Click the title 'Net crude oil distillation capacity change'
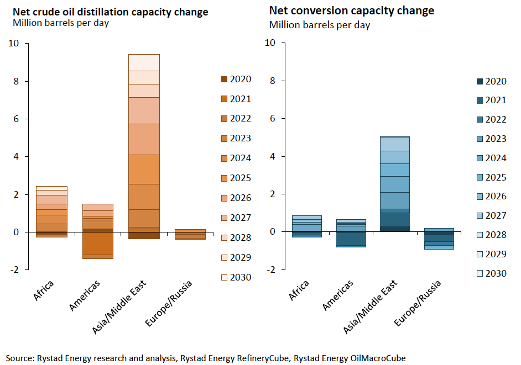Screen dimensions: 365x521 [x=110, y=12]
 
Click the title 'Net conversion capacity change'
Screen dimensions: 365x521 [x=351, y=10]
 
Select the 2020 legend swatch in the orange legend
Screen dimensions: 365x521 [x=224, y=79]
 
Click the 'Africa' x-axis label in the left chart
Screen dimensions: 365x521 [x=45, y=290]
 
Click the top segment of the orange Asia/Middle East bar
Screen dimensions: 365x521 [x=144, y=62]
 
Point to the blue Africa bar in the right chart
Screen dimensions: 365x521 [x=306, y=224]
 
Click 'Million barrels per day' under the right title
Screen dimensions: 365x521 [x=320, y=25]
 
